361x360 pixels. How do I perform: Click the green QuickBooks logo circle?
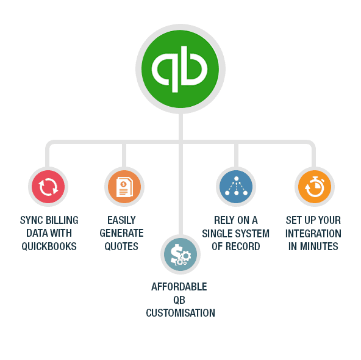point(180,69)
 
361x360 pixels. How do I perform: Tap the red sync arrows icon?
point(48,187)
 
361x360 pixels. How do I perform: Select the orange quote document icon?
point(124,187)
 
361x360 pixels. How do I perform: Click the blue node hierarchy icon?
point(236,187)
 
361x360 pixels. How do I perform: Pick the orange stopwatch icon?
point(315,187)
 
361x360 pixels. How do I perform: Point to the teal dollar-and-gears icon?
point(180,254)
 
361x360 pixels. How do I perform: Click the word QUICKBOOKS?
point(49,247)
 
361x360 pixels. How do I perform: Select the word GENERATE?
point(121,233)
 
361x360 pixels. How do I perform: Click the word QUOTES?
point(121,247)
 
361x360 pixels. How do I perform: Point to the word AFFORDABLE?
point(179,287)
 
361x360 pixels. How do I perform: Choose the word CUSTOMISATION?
point(180,313)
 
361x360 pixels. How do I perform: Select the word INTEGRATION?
point(313,234)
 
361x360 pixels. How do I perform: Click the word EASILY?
point(121,220)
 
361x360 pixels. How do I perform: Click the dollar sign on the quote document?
point(124,184)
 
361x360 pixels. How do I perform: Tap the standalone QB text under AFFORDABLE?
point(179,300)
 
